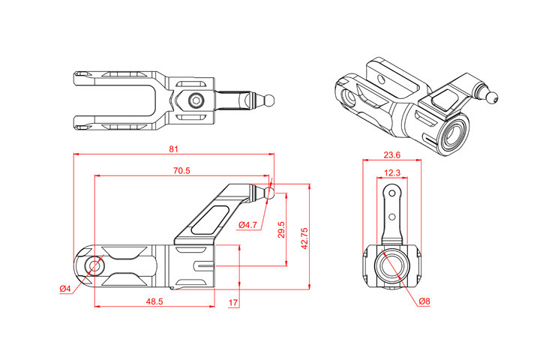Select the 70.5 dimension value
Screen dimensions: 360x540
click(x=181, y=171)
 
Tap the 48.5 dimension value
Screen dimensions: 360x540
click(x=154, y=301)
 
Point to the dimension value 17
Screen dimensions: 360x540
click(x=233, y=303)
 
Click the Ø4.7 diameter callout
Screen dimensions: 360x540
click(x=248, y=225)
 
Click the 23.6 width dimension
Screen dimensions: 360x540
click(x=391, y=155)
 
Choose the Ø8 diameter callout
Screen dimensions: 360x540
click(x=424, y=301)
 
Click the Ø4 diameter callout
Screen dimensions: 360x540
click(x=65, y=289)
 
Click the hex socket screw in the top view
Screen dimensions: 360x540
click(x=196, y=100)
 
